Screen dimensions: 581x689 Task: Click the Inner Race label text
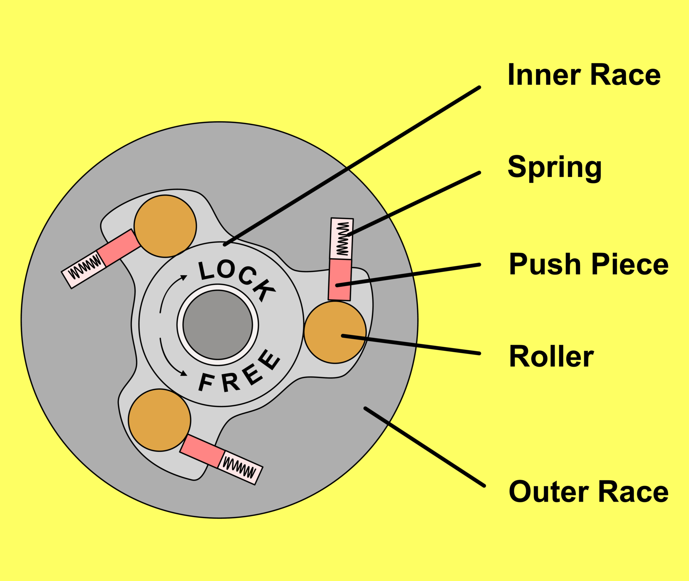pyautogui.click(x=584, y=75)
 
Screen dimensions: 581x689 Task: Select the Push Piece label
pyautogui.click(x=589, y=264)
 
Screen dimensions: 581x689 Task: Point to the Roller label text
pyautogui.click(x=551, y=357)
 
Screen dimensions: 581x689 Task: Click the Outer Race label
pyautogui.click(x=589, y=492)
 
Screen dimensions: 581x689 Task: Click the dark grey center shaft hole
pyautogui.click(x=218, y=325)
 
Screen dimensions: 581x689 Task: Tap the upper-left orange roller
pyautogui.click(x=165, y=226)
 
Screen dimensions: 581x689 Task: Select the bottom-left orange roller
pyautogui.click(x=159, y=420)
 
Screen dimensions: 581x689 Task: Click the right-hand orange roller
pyautogui.click(x=335, y=332)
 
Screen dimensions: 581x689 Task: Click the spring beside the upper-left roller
pyautogui.click(x=84, y=269)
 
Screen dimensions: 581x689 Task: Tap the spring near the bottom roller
pyautogui.click(x=240, y=468)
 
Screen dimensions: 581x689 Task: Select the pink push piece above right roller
pyautogui.click(x=340, y=279)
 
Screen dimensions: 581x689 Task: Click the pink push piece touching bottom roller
pyautogui.click(x=202, y=451)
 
